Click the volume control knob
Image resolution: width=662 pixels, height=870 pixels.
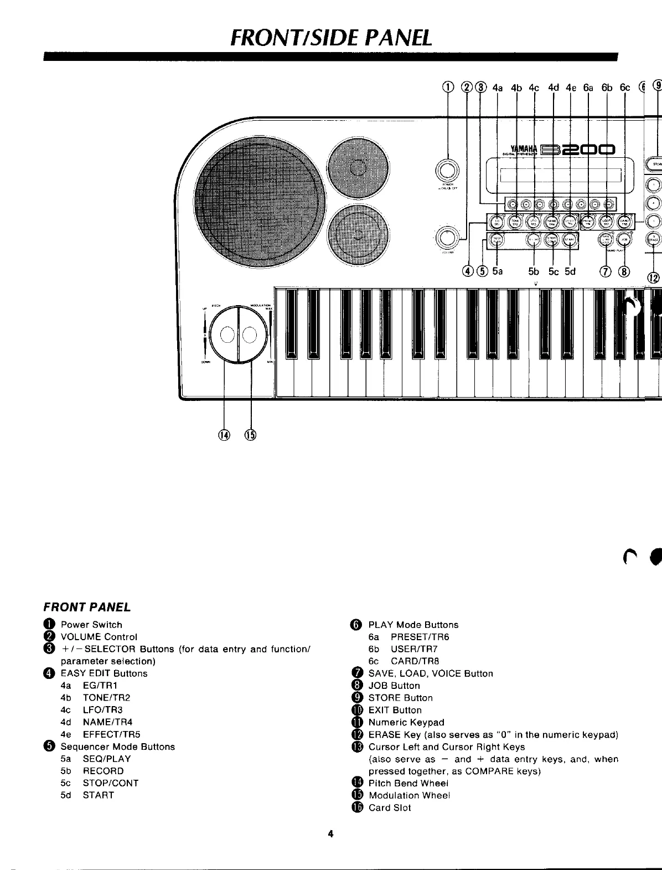point(447,236)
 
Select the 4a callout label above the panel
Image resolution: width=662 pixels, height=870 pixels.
point(497,87)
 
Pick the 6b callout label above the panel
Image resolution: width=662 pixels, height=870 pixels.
point(607,87)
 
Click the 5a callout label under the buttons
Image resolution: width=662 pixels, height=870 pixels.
point(497,271)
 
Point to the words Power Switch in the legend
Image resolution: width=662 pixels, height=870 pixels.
point(91,625)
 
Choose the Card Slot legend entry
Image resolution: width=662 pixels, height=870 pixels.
point(390,808)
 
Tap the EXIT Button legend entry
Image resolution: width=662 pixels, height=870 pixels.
point(395,710)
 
